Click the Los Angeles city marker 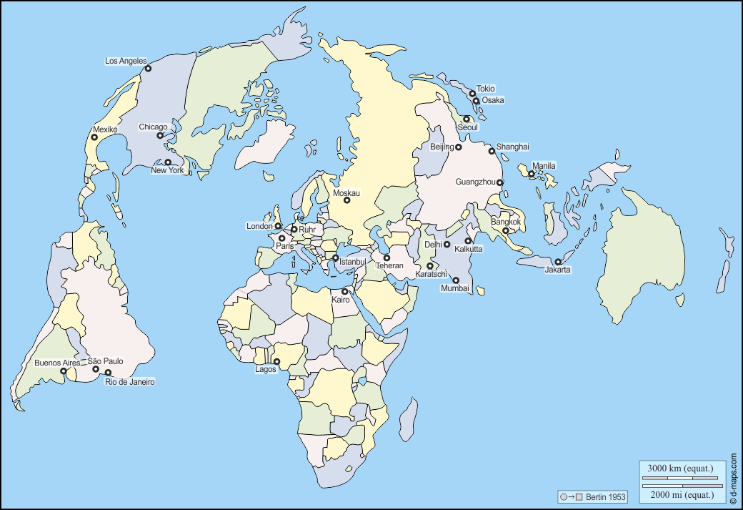148,69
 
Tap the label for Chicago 153,127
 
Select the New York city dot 169,162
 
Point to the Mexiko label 105,129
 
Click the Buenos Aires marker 64,371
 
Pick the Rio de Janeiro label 130,382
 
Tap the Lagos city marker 276,361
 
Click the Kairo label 341,300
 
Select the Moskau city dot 347,200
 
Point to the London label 259,226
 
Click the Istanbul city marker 335,258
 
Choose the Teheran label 389,265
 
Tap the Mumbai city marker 456,280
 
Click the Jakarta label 557,270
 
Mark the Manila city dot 532,174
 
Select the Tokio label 485,89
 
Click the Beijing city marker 459,147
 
